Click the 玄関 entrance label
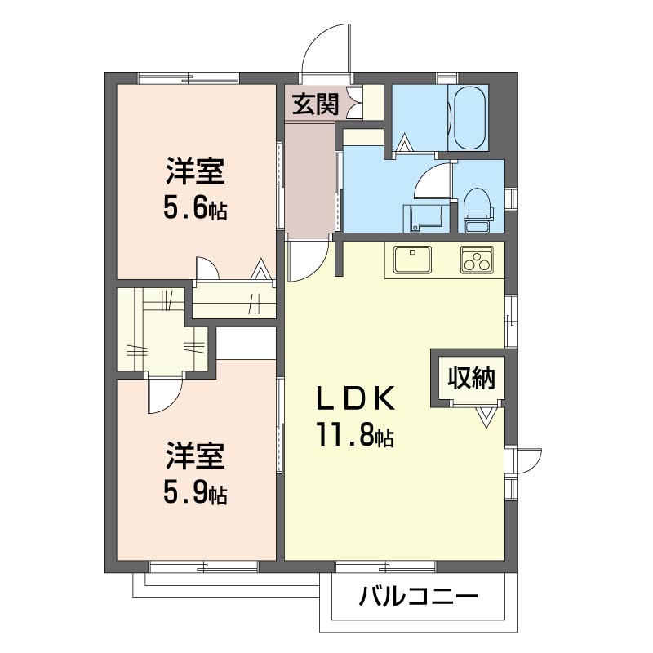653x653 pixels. [x=315, y=104]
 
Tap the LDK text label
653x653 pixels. [x=355, y=398]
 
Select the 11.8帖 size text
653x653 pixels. [x=355, y=434]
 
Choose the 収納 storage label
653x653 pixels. [x=472, y=378]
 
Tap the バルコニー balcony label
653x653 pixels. [x=419, y=597]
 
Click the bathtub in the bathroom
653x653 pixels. [x=468, y=118]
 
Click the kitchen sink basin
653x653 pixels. [x=413, y=259]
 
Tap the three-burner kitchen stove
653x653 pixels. [x=477, y=260]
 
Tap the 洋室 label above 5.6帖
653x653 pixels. [x=195, y=171]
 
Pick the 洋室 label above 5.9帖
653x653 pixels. [x=195, y=455]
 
